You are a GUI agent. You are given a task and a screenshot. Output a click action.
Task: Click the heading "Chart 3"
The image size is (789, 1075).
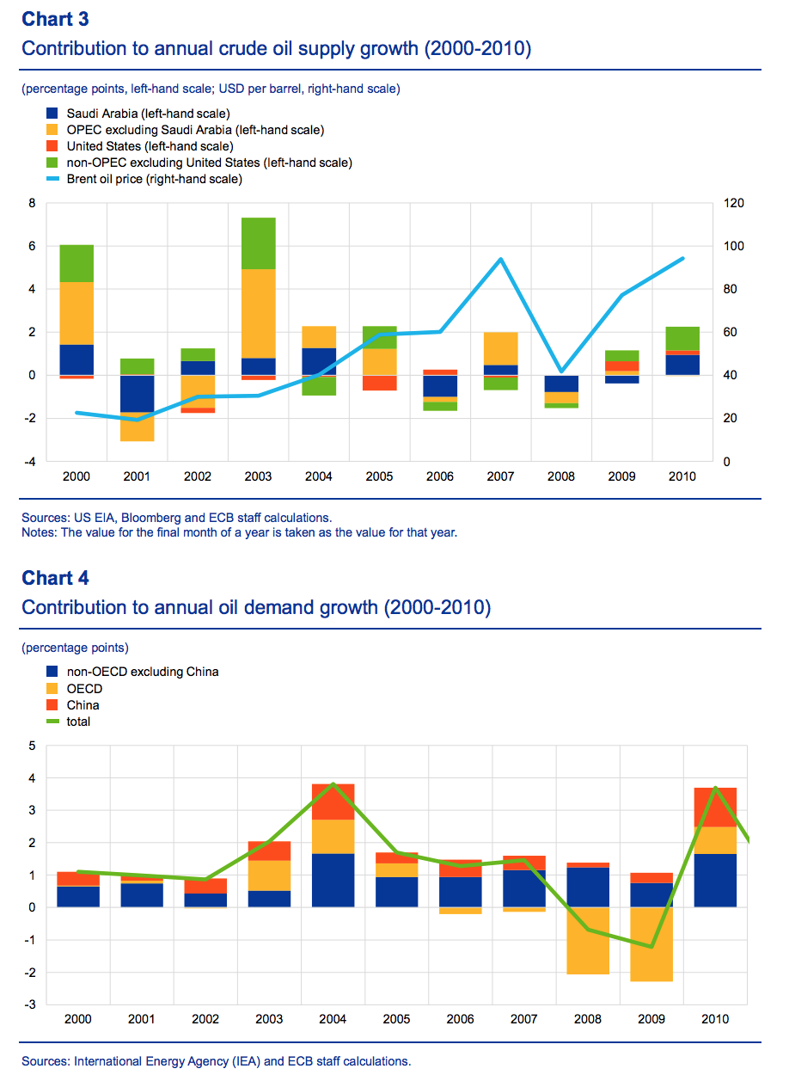(55, 18)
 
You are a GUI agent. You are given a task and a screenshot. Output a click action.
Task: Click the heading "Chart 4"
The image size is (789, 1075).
(55, 577)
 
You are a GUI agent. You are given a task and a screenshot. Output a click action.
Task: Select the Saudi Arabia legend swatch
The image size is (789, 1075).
(52, 113)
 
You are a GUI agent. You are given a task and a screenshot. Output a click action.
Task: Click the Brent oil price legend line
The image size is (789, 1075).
(52, 179)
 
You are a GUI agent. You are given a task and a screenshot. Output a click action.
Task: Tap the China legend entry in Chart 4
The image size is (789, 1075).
(83, 705)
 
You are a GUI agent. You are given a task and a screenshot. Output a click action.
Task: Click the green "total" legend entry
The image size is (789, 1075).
(78, 722)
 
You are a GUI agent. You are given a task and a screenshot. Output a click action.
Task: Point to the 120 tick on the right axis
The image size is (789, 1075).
(731, 203)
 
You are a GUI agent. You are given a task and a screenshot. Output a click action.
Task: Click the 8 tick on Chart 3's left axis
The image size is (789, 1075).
(32, 203)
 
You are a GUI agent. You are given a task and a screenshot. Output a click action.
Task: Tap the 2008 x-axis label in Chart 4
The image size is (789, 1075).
(587, 1019)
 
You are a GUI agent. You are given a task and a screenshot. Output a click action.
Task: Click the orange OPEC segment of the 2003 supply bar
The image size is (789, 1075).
(258, 313)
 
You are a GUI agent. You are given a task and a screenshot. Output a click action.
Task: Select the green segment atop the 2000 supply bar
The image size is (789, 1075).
(76, 263)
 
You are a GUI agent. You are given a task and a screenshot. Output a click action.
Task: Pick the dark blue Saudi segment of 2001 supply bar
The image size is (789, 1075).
(137, 394)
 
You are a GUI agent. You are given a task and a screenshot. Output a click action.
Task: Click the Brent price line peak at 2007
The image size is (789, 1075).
(499, 259)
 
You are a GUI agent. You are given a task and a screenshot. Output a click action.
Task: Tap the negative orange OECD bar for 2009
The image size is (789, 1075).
(651, 944)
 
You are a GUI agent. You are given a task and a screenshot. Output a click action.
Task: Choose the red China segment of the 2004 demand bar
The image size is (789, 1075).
(333, 802)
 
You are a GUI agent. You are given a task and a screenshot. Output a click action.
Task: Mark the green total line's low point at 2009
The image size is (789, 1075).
(651, 947)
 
